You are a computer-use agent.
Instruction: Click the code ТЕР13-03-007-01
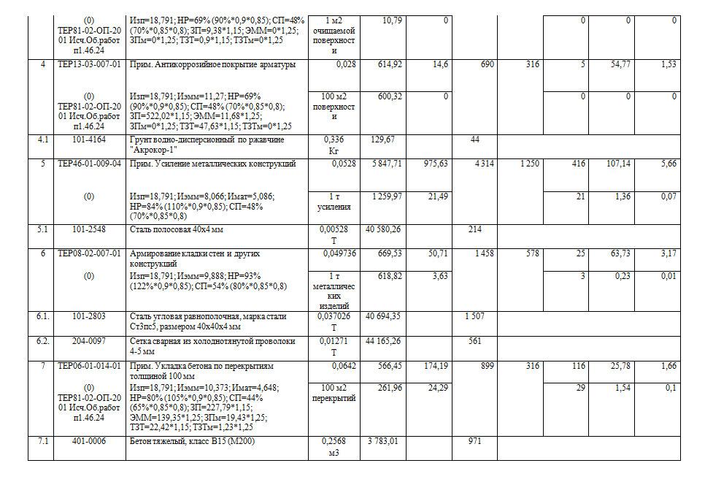coord(89,65)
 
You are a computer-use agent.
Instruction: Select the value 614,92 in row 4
coord(387,65)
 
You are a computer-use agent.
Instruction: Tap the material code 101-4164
coord(89,139)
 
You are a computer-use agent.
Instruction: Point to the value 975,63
coord(435,164)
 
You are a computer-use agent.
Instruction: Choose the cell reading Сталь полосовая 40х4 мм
coord(177,230)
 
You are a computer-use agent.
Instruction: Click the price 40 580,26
coord(382,230)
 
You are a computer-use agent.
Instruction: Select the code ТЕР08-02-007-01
coord(89,254)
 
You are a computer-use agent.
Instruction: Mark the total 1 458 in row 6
coord(484,254)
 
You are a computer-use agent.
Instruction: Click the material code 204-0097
coord(89,341)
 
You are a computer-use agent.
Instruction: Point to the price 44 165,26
coord(382,341)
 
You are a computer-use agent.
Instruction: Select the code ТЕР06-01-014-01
coord(89,366)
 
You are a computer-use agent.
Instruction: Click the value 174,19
coord(435,366)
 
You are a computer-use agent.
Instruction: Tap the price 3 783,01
coord(385,442)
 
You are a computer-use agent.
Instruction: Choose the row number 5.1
coord(40,230)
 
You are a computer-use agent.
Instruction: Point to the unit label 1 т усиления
coord(334,202)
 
